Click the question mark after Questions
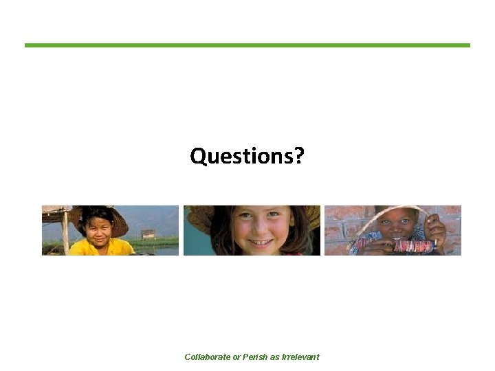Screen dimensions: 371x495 tap(299, 157)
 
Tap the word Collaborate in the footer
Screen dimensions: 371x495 tap(208, 357)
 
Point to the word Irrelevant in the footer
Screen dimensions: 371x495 tap(300, 357)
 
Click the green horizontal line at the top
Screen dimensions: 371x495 tap(247, 45)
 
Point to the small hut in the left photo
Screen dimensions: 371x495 tap(148, 234)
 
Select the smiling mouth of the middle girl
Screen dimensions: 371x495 tap(259, 243)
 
